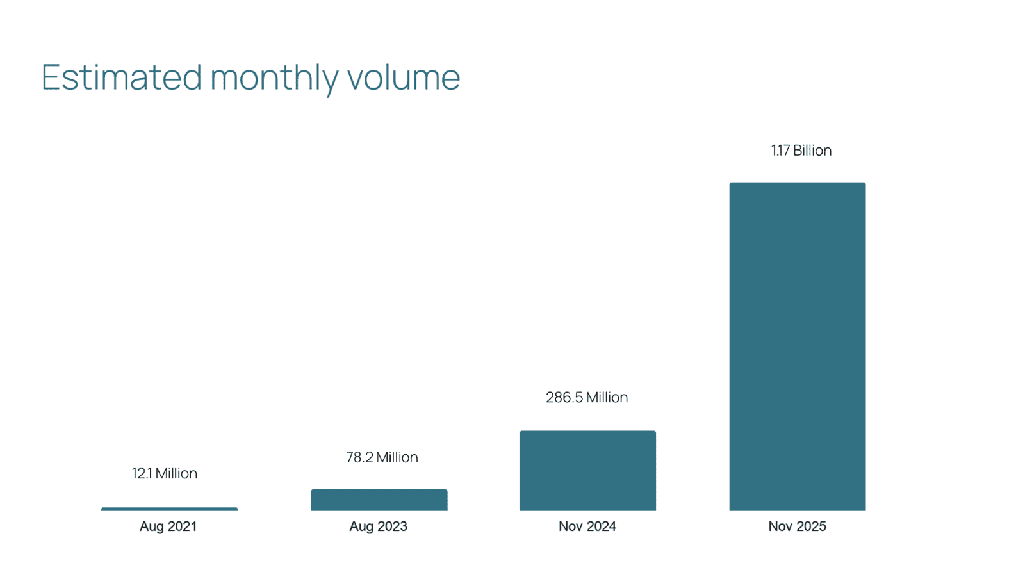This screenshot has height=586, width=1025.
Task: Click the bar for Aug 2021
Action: (169, 509)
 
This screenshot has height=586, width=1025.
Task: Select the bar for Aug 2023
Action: (379, 500)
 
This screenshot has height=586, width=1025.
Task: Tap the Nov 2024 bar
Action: (587, 471)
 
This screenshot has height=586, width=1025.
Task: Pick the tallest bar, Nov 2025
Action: (797, 346)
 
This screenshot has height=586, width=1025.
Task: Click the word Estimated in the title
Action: (122, 77)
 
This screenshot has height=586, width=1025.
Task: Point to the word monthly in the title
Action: (274, 78)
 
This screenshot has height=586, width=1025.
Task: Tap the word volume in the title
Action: (404, 77)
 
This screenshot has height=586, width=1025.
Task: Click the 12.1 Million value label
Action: (165, 473)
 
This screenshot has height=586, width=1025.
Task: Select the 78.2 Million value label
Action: (382, 457)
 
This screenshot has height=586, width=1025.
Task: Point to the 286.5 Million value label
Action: (587, 397)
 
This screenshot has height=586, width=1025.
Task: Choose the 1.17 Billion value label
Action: (801, 151)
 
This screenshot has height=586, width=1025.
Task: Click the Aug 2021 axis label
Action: (168, 526)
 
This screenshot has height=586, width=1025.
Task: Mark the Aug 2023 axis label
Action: (378, 526)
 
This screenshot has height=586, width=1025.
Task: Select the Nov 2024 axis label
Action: (587, 526)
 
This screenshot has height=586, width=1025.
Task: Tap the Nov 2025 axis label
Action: (797, 526)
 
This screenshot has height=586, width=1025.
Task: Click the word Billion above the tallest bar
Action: (812, 151)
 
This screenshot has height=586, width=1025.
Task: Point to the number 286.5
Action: (564, 397)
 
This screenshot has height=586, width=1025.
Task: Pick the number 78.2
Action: (359, 457)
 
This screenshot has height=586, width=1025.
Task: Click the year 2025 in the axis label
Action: (812, 526)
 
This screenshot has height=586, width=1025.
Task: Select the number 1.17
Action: (780, 151)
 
